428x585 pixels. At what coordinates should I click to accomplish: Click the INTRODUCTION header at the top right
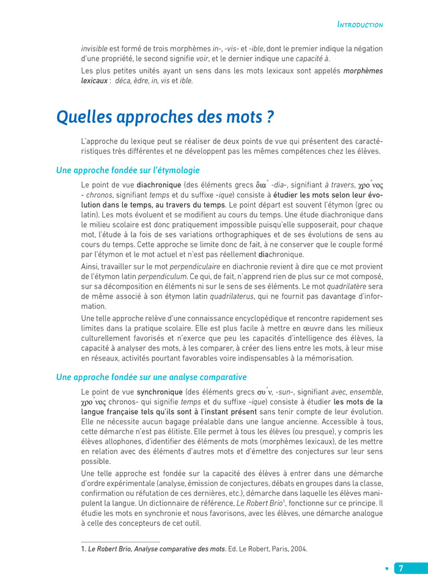360,25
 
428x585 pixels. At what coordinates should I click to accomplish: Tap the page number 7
401,567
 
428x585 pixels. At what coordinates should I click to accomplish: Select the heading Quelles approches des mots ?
164,117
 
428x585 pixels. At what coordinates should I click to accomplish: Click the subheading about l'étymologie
128,170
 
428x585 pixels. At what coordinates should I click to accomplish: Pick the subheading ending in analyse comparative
151,377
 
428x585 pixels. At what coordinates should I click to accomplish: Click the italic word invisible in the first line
94,48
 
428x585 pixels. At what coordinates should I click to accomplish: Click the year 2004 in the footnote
298,549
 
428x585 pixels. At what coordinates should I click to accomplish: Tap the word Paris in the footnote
278,549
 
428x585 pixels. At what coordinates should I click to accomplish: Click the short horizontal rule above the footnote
120,542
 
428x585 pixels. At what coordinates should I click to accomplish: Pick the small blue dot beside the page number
386,568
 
